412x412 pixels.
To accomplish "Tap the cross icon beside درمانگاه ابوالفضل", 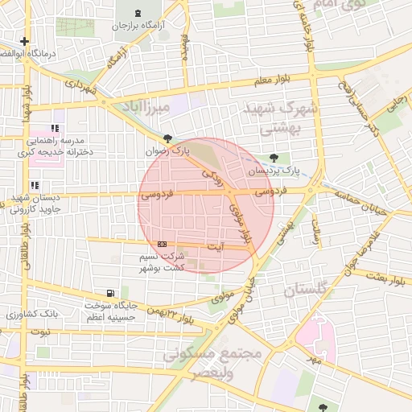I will point(25,41).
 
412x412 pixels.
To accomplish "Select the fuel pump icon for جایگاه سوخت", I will point(109,293).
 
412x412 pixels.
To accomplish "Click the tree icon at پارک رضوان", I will point(167,138).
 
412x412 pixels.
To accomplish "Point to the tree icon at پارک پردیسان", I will point(275,158).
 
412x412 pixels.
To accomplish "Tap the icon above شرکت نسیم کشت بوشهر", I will point(163,243).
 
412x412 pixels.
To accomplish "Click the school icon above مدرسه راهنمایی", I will point(56,128).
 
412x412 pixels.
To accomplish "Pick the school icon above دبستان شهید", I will point(35,186).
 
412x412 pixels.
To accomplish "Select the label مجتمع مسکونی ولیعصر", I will point(213,360).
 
